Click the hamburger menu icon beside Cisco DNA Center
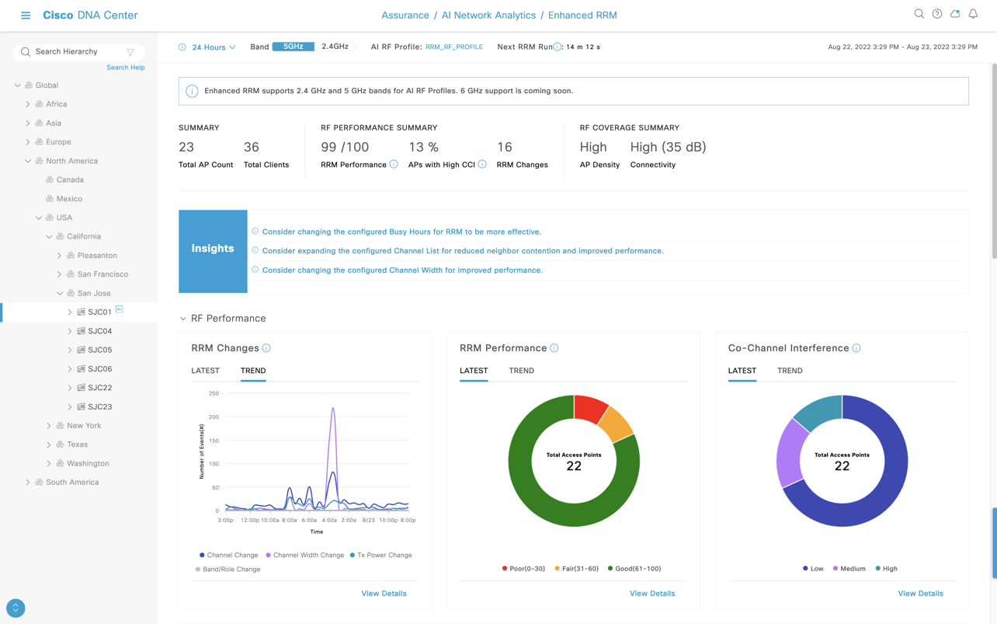[26, 16]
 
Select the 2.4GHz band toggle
[335, 47]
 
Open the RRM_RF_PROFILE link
[453, 47]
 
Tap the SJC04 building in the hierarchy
[99, 331]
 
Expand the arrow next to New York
[49, 426]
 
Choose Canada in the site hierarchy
[70, 180]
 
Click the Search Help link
[125, 68]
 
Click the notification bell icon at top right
[972, 14]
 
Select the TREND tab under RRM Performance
[521, 371]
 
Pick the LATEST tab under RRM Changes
[205, 371]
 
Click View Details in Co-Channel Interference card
[920, 594]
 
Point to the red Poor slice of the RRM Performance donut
[589, 408]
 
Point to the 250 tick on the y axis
[214, 393]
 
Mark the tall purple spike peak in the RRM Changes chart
[333, 408]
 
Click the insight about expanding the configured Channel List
[462, 251]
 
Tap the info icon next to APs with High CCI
[482, 165]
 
